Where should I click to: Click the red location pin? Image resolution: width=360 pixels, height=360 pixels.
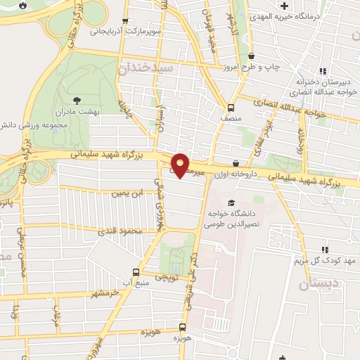180,165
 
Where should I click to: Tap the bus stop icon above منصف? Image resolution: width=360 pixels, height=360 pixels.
231,108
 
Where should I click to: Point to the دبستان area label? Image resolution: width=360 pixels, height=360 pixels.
314,285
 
